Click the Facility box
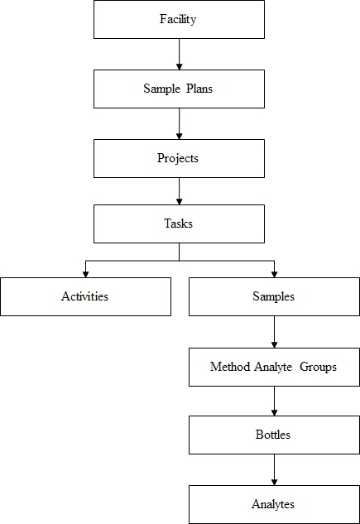tap(179, 20)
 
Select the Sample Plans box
tap(179, 89)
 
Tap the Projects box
tap(179, 158)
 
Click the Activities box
tap(85, 296)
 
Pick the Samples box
tap(274, 296)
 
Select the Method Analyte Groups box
tap(274, 366)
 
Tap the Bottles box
tap(274, 435)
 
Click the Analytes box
tap(274, 504)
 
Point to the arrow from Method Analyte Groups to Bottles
tap(274, 401)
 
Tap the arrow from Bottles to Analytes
tap(274, 469)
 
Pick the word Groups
tap(319, 366)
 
